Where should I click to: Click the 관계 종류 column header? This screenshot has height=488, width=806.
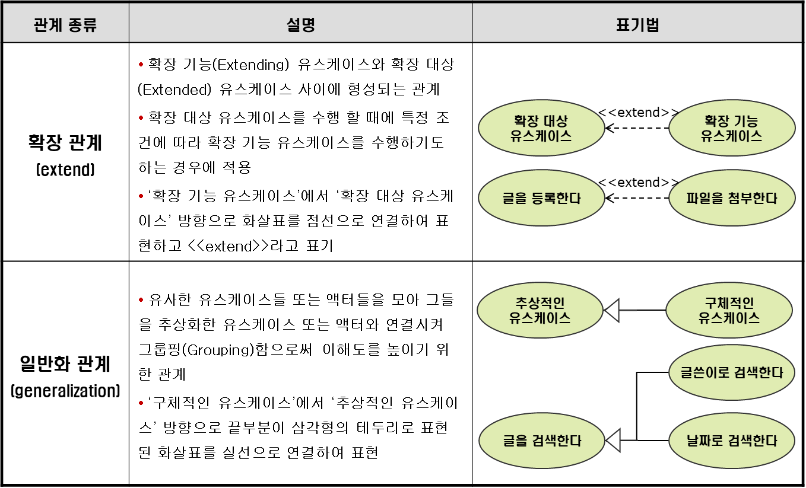click(x=65, y=25)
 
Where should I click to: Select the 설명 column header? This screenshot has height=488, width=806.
click(x=300, y=25)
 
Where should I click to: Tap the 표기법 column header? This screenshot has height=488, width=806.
click(x=637, y=25)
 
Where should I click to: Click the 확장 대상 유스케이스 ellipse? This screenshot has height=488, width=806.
click(x=541, y=128)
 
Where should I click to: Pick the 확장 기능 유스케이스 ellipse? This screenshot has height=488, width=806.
click(x=731, y=128)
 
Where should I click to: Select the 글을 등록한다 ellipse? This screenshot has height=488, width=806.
click(x=541, y=198)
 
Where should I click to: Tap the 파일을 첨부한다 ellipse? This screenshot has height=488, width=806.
click(x=731, y=198)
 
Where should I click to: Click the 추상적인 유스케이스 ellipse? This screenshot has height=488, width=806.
click(x=540, y=310)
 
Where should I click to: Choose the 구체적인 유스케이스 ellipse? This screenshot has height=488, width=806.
click(x=729, y=310)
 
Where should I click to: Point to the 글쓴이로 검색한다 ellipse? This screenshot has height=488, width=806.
click(x=731, y=373)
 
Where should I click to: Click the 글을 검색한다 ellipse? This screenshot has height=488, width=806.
click(x=541, y=441)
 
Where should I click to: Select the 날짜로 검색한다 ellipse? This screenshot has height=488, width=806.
click(x=731, y=441)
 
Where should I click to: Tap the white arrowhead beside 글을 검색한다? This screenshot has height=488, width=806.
click(x=614, y=441)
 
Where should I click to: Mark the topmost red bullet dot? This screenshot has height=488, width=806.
click(x=141, y=64)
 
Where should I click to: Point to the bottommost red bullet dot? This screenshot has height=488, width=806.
click(x=141, y=403)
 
